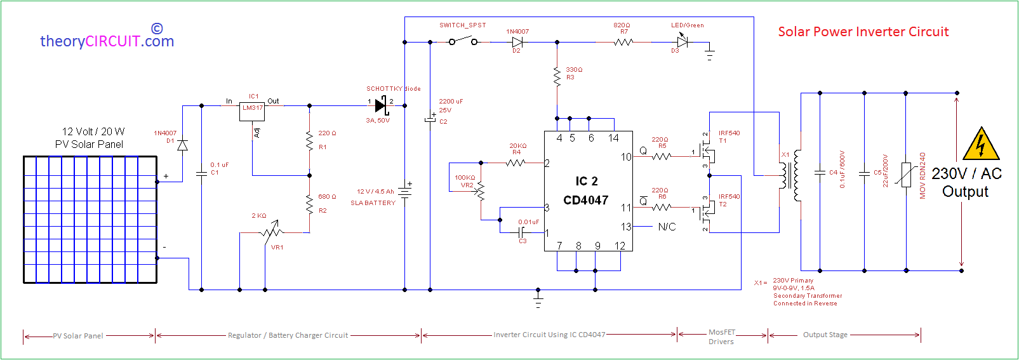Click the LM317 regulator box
[x=252, y=110]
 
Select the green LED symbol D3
[x=683, y=42]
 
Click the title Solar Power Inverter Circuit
[x=863, y=32]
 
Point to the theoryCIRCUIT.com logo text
[x=107, y=41]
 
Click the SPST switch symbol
[x=463, y=41]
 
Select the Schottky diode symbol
[x=381, y=105]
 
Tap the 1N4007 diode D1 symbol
[x=182, y=145]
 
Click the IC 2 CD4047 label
[x=586, y=190]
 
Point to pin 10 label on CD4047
[x=625, y=157]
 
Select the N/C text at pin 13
[x=667, y=227]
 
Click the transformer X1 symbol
[x=792, y=175]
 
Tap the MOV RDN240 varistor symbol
[x=905, y=175]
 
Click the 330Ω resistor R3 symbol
[x=557, y=76]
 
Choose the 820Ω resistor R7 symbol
[x=623, y=42]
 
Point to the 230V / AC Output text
[x=966, y=182]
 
